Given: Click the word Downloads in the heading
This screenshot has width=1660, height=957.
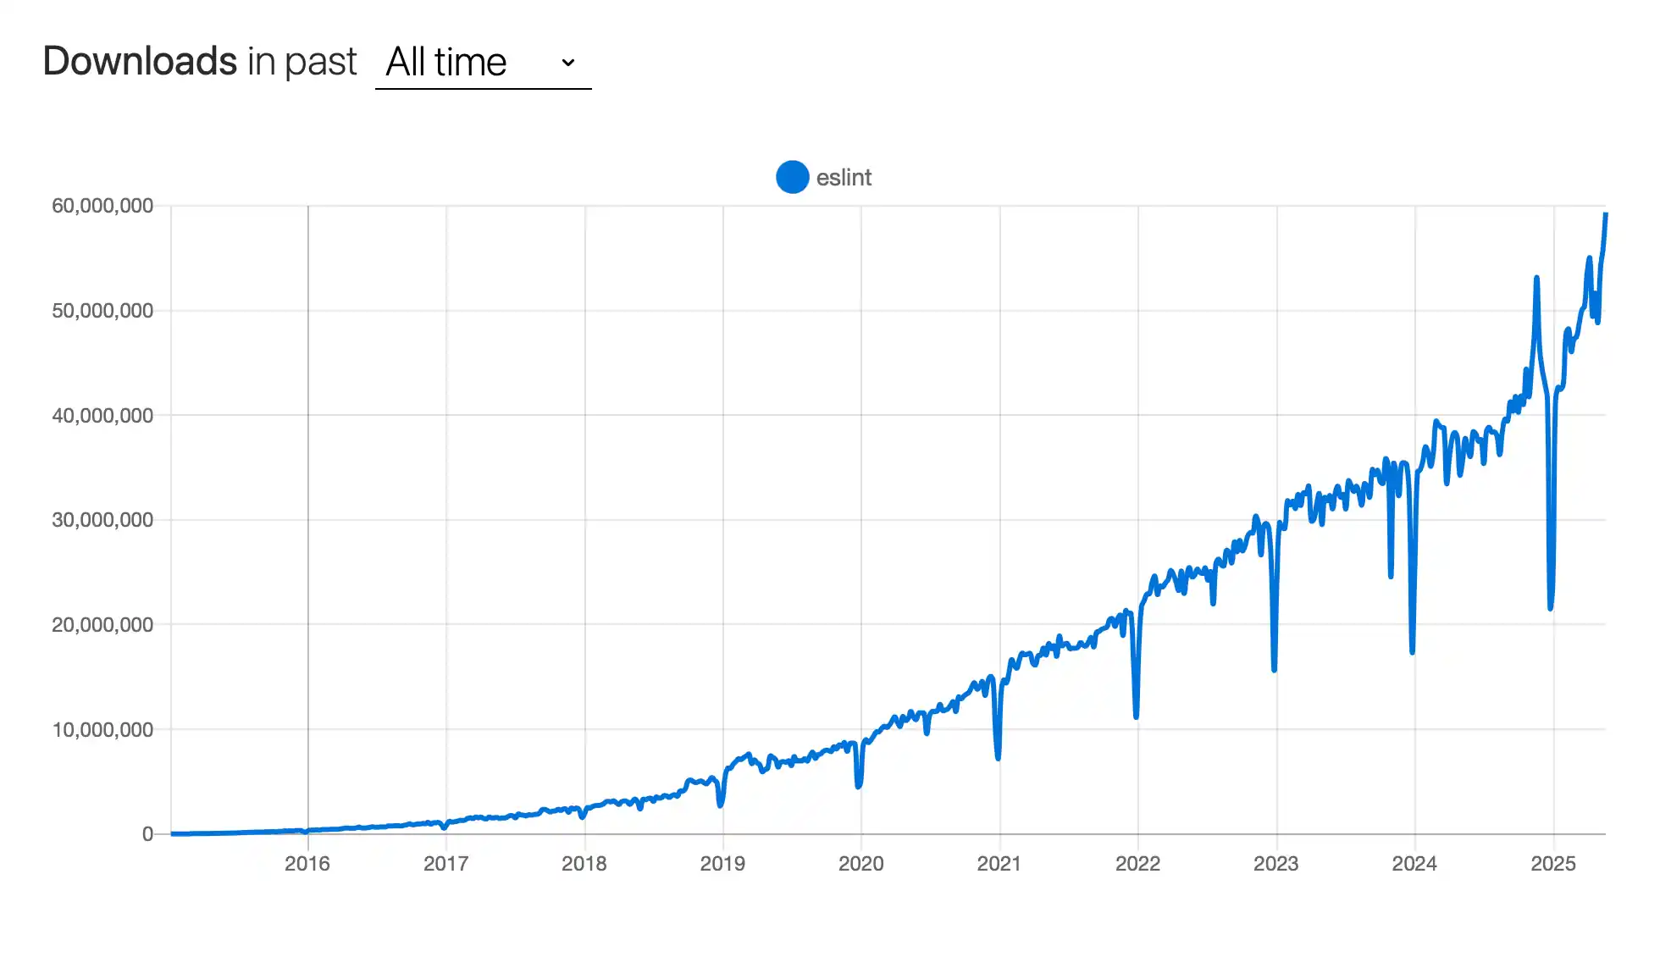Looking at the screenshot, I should [x=140, y=62].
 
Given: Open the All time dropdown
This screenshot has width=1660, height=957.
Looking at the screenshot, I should [x=482, y=63].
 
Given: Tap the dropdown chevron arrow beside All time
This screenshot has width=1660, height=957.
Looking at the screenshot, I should [x=568, y=63].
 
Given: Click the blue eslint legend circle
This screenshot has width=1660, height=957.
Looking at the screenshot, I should [x=792, y=177].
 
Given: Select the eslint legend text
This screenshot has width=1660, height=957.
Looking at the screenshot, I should [x=844, y=178].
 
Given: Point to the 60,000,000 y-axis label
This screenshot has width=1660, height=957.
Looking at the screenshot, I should [x=102, y=206].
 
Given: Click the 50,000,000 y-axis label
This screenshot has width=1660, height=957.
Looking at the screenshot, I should [x=102, y=311].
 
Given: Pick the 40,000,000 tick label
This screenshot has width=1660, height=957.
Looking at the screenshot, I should [x=102, y=415].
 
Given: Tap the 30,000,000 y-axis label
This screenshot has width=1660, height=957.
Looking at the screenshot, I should [x=102, y=520].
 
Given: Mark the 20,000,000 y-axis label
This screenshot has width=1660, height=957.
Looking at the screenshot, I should [x=102, y=625].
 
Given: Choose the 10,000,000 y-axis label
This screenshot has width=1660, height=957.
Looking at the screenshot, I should [x=102, y=729].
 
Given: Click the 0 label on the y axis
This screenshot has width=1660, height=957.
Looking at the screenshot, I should [x=147, y=834].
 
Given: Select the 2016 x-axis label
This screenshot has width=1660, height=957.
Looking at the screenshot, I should [x=307, y=864].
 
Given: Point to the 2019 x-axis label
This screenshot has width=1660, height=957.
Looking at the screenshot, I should [x=722, y=864].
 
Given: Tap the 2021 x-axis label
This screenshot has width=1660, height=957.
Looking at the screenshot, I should [x=999, y=864].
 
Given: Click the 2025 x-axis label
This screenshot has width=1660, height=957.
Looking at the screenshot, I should [x=1553, y=864].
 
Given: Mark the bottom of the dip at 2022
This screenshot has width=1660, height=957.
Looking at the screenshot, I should [x=1136, y=716].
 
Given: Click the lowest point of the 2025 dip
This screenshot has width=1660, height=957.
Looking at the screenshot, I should [x=1551, y=607].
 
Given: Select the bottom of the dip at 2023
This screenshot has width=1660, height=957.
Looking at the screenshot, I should [x=1274, y=669].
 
